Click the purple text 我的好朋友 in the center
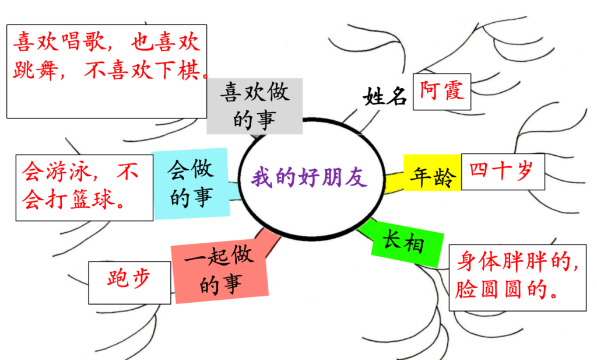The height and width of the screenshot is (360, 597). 309,177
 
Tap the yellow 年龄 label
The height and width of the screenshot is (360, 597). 433,177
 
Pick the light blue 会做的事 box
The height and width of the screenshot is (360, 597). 191,183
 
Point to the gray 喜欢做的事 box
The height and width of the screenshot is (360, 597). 255,106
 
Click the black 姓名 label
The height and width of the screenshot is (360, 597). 385,96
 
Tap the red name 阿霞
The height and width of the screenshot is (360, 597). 442,90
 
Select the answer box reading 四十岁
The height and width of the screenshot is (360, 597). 503,172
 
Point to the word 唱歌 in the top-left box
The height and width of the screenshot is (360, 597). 83,41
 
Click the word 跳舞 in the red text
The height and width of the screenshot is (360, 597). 35,69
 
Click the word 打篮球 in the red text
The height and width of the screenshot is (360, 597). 79,199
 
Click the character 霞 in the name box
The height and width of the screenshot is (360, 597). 454,90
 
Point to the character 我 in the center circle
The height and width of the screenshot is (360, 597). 262,177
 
